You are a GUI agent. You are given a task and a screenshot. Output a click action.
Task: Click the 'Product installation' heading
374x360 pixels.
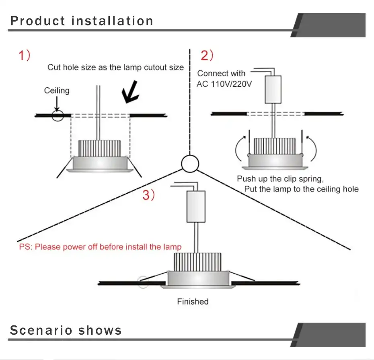[82, 21]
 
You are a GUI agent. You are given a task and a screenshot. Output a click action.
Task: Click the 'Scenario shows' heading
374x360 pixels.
[66, 330]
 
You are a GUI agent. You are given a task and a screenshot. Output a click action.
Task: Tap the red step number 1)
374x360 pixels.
[24, 55]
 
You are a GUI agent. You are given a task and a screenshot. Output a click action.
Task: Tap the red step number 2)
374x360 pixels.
[207, 55]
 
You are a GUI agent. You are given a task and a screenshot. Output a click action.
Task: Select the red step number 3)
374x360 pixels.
[148, 195]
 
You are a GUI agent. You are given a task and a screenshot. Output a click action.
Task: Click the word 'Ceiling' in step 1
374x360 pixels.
[57, 91]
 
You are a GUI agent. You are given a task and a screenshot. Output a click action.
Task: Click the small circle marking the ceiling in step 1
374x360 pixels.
[58, 116]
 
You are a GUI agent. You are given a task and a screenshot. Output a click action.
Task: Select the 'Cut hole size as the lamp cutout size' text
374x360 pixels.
[115, 67]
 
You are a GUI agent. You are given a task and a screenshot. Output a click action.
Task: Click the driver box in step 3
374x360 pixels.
[196, 207]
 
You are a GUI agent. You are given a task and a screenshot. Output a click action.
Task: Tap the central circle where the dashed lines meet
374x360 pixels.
[189, 164]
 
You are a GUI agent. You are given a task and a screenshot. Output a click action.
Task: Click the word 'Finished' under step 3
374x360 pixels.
[193, 301]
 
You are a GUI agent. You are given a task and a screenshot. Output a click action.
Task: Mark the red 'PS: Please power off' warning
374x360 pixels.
[100, 247]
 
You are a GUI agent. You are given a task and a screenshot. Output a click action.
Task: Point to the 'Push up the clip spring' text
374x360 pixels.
[280, 178]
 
